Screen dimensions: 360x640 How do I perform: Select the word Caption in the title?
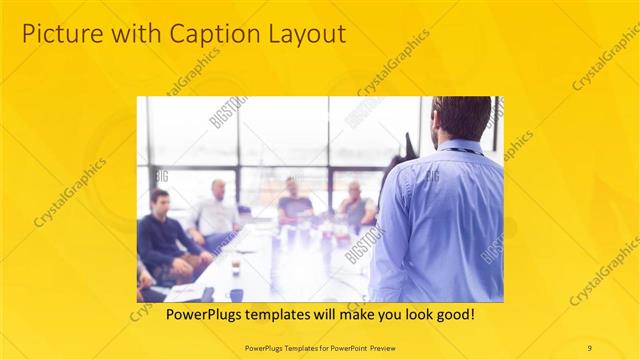click(x=196, y=34)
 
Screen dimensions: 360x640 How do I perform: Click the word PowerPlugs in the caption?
click(x=183, y=314)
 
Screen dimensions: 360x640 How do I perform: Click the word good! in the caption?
click(x=451, y=314)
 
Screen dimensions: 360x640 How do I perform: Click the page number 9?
click(x=589, y=347)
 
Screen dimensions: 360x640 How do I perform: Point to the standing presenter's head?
click(x=464, y=118)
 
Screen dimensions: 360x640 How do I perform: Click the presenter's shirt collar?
click(x=461, y=148)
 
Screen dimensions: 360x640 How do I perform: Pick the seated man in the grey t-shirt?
click(x=355, y=206)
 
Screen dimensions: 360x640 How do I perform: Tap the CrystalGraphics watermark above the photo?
click(x=394, y=63)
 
